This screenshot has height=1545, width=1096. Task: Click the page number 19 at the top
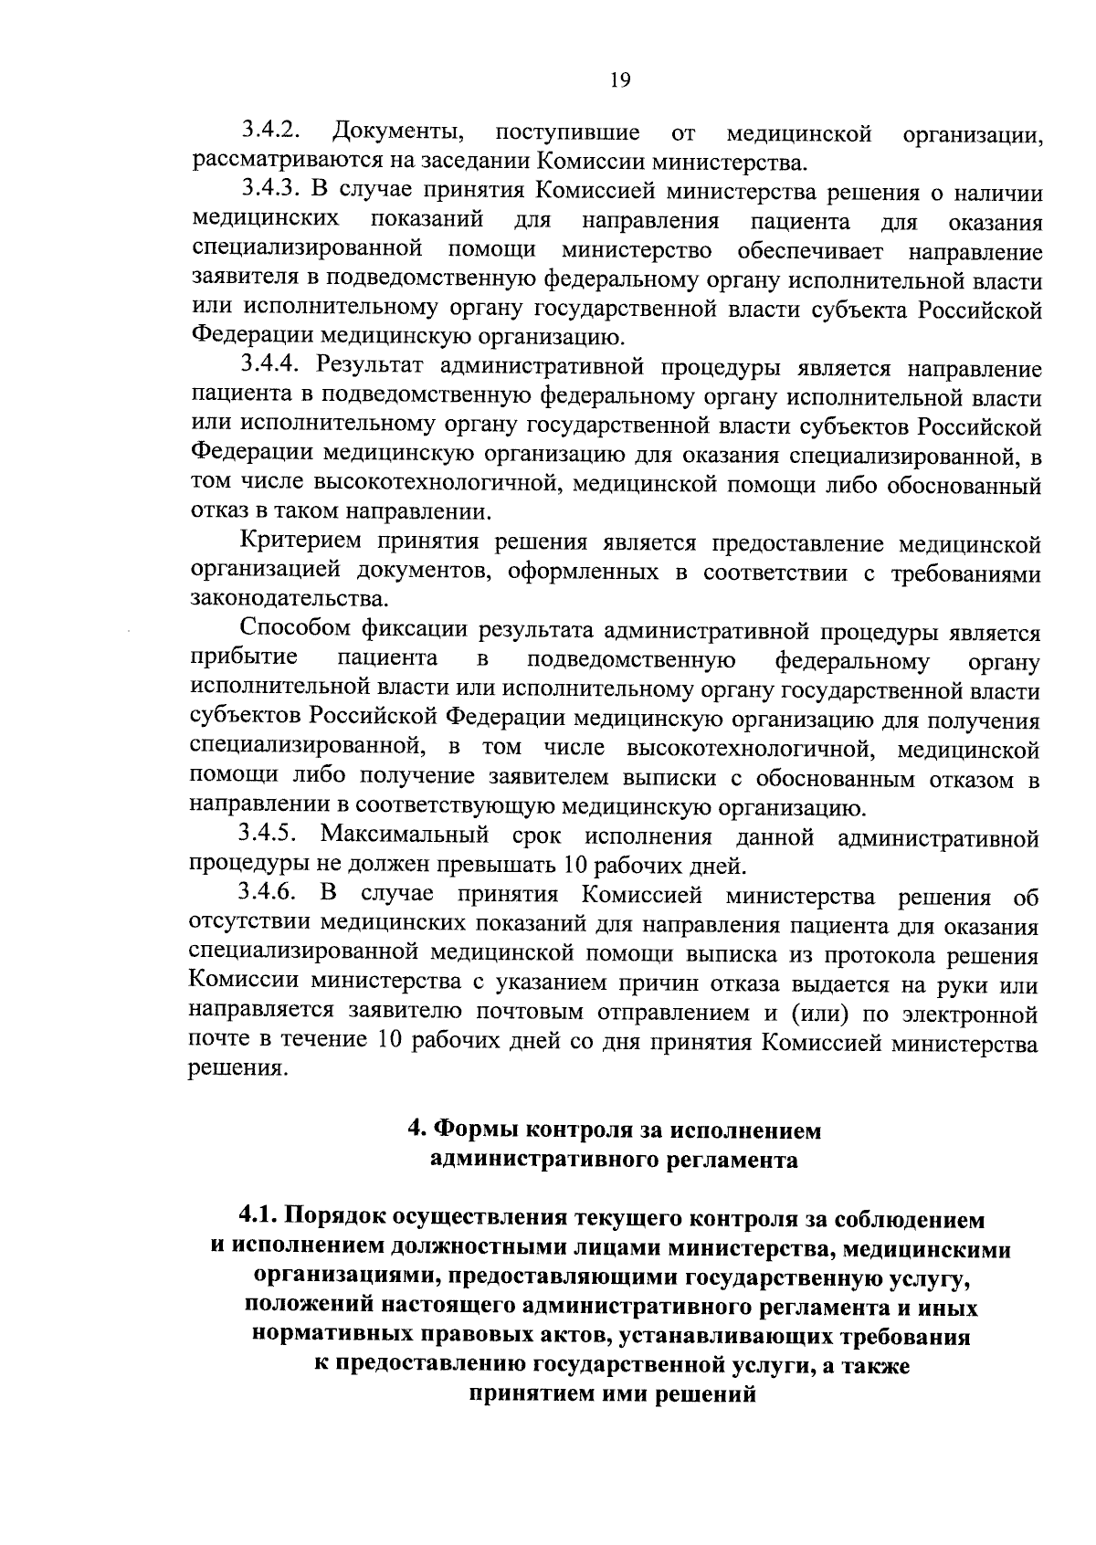(619, 79)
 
